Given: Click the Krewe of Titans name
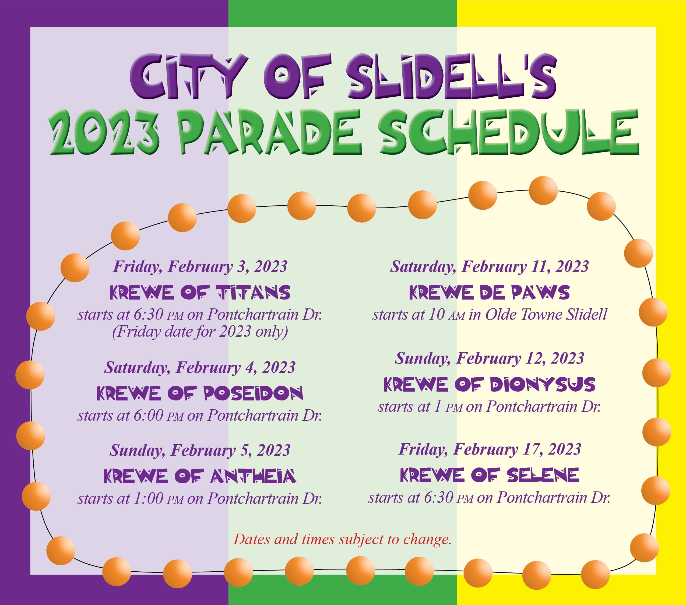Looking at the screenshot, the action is pos(200,292).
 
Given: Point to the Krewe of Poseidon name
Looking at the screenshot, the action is pos(200,393).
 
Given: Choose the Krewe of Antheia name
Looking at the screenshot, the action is pos(200,476).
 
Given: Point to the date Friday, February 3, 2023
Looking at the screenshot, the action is pos(200,267).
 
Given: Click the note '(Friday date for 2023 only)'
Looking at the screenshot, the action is pos(200,332).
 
